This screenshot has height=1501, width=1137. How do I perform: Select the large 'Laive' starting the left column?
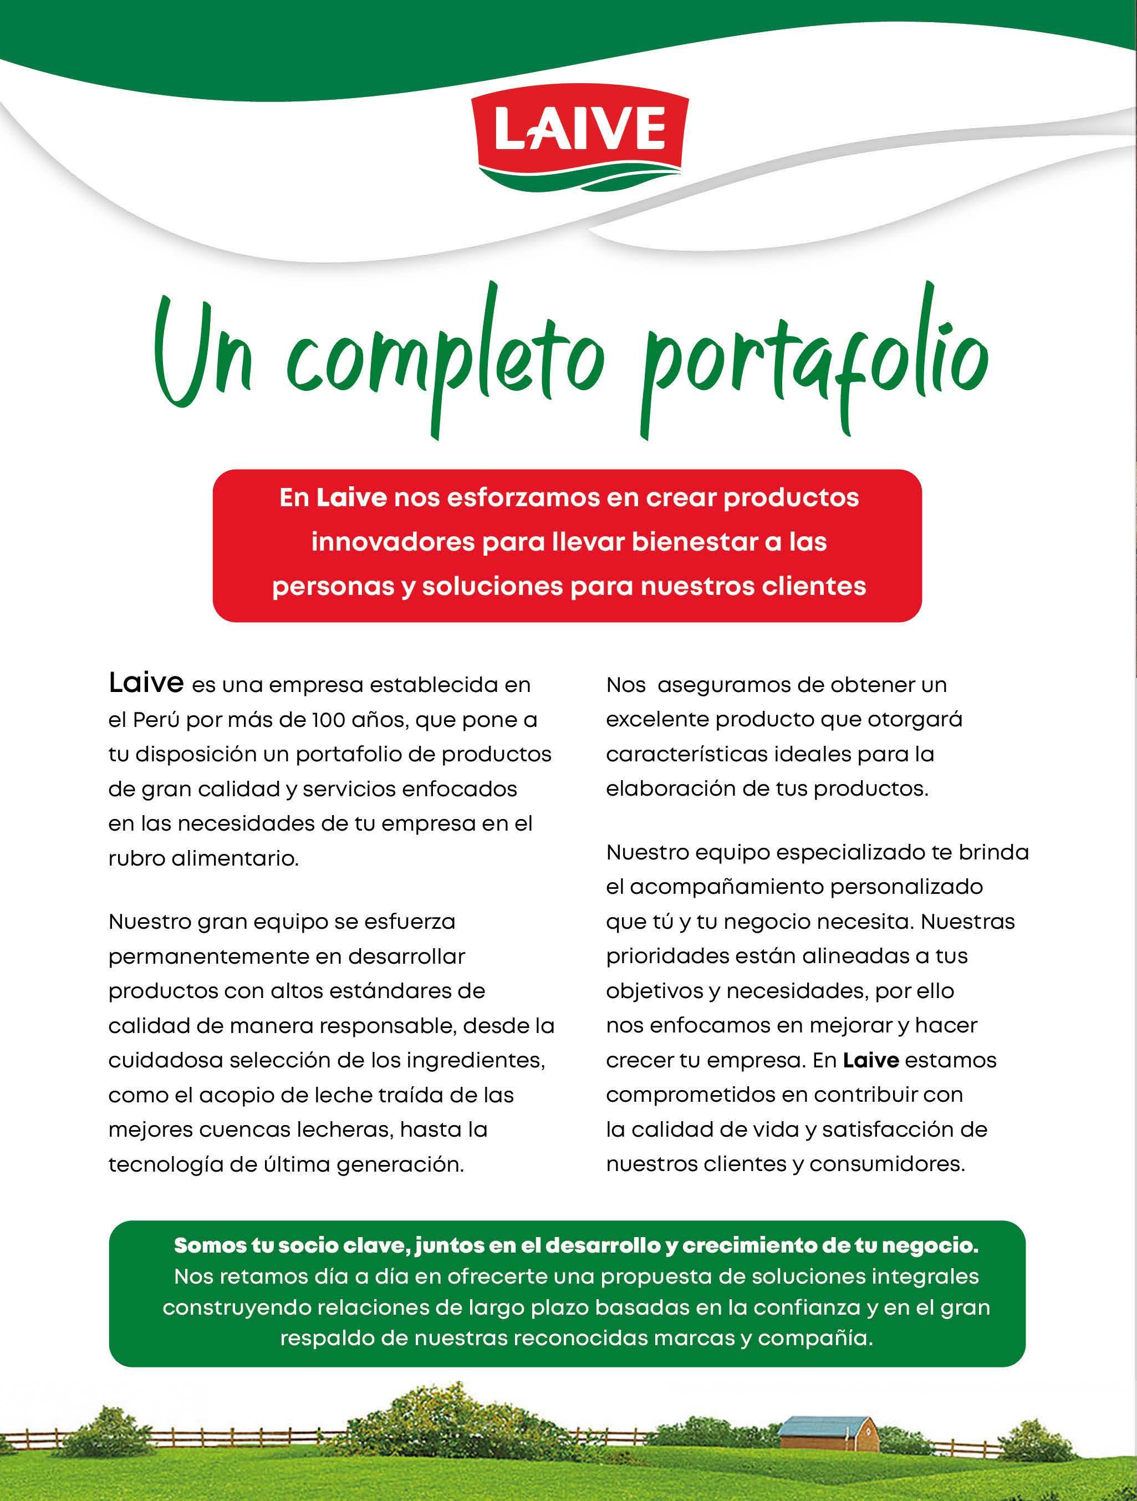click(x=146, y=683)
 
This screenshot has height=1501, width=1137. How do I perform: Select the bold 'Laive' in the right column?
click(x=871, y=1061)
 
